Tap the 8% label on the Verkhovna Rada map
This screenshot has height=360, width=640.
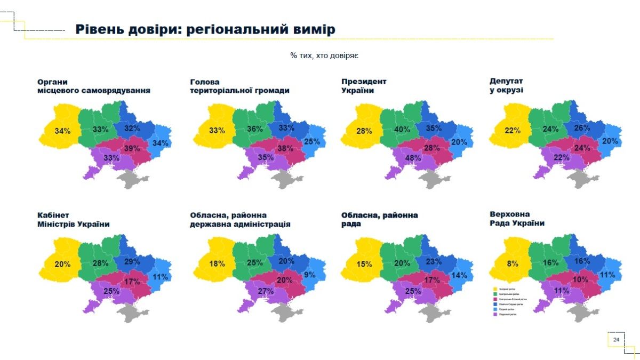(x=512, y=262)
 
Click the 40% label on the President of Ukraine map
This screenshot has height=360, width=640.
(x=402, y=129)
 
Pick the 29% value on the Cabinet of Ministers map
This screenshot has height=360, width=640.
(x=132, y=261)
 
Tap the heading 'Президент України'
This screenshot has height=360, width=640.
(x=364, y=86)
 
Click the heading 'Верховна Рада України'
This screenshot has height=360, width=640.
(x=517, y=219)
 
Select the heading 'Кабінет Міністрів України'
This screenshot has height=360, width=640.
(x=73, y=219)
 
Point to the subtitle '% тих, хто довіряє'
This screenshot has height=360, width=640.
(x=320, y=55)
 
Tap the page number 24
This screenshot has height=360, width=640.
(x=616, y=340)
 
